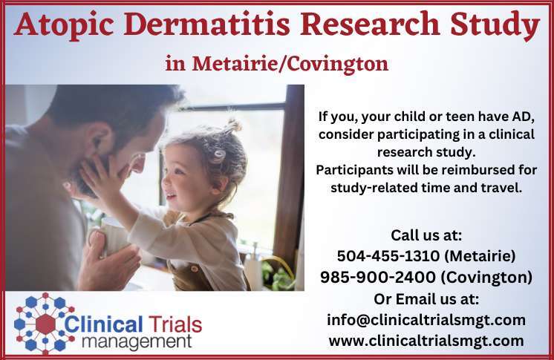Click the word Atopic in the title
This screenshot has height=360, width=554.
[64, 25]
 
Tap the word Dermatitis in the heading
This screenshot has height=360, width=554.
[206, 24]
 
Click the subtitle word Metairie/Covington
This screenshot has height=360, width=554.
[290, 65]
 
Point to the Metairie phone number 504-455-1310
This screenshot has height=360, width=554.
[388, 256]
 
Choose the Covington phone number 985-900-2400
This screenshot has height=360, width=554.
[378, 277]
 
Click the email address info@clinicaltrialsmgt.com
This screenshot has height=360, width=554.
[426, 320]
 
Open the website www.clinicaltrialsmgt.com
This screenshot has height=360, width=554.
[426, 341]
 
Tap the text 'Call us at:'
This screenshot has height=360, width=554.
[426, 235]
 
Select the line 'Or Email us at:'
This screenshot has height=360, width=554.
[426, 299]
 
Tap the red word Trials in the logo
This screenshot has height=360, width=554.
[175, 324]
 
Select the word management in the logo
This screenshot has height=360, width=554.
[137, 342]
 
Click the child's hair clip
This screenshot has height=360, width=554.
[219, 155]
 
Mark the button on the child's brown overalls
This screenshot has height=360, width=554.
[194, 269]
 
